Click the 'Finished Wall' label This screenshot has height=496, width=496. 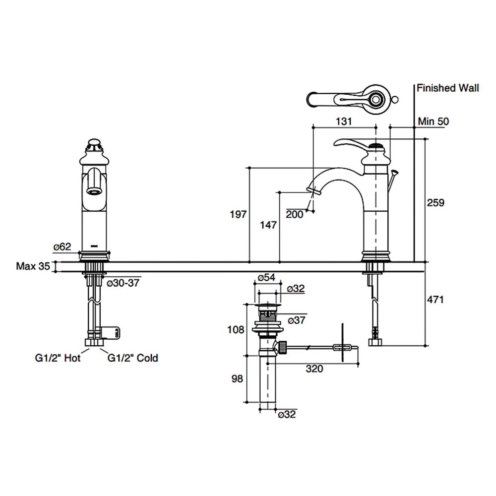[x=447, y=88]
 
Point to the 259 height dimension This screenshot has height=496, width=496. [x=435, y=203]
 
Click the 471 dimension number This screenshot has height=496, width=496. [x=435, y=300]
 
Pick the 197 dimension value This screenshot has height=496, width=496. [x=238, y=214]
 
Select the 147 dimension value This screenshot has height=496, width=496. [x=268, y=225]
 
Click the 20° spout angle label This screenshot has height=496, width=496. [x=294, y=214]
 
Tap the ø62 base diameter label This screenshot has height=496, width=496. [x=62, y=247]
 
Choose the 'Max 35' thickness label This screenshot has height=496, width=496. [x=33, y=266]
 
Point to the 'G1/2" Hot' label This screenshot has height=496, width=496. [x=58, y=358]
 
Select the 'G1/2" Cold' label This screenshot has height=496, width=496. [x=133, y=358]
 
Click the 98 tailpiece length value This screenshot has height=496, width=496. [x=237, y=379]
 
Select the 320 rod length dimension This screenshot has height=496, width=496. [x=314, y=369]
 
